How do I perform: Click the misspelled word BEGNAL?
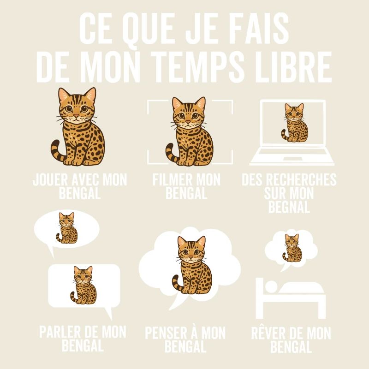tap(289, 207)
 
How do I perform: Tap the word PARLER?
tap(59, 332)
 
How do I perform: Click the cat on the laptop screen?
tap(293, 122)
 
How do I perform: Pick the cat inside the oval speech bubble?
tap(66, 228)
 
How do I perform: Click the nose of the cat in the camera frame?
tap(188, 122)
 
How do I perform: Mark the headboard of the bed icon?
tap(259, 295)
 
